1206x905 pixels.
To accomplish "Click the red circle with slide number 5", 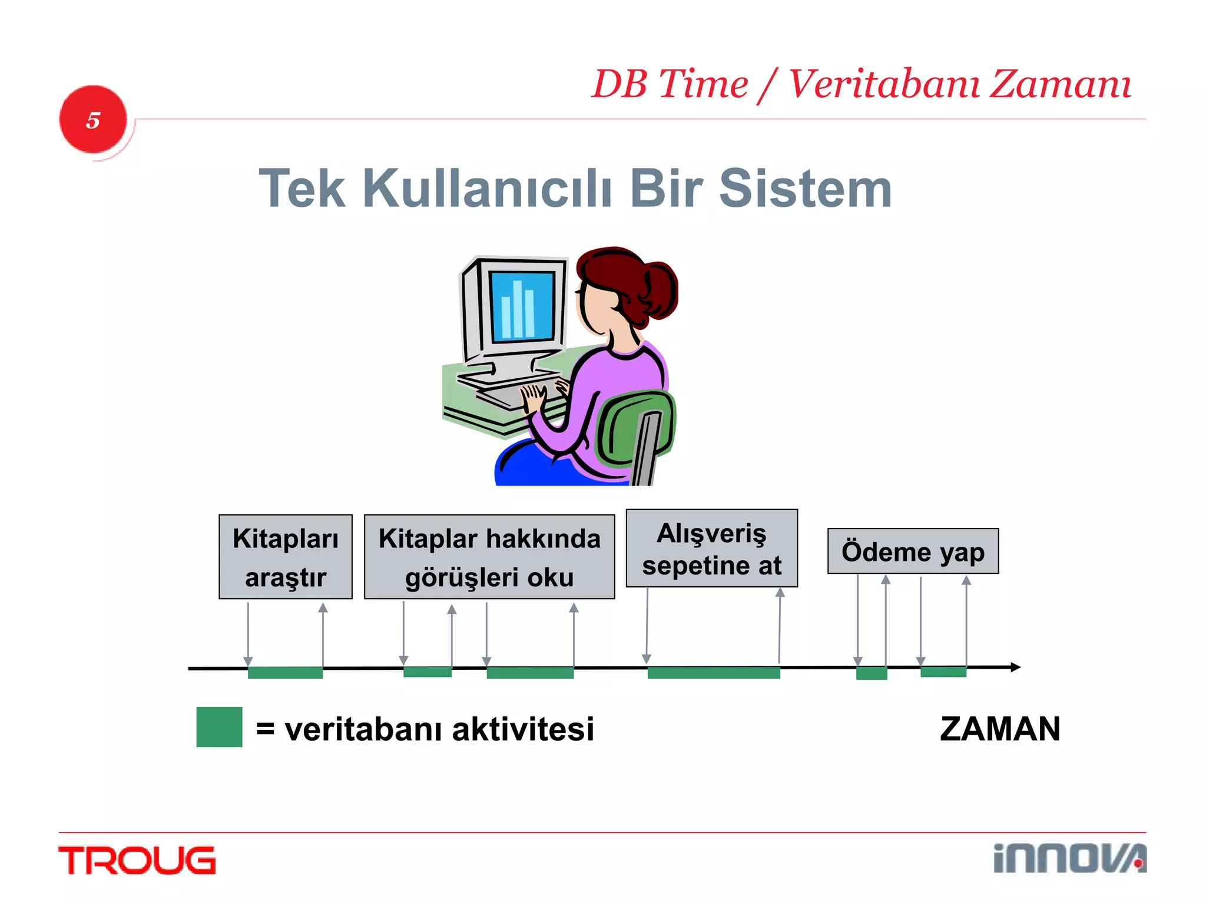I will (93, 120).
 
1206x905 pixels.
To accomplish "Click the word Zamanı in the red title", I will (1060, 84).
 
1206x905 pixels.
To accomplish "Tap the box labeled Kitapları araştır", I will (286, 557).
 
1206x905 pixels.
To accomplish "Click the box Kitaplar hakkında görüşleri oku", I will (489, 557).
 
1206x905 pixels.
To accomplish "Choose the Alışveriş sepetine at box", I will (711, 549).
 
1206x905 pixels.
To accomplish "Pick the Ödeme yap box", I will (913, 551).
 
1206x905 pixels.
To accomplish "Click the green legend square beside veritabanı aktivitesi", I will (219, 727).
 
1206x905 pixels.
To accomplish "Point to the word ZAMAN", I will (1000, 729).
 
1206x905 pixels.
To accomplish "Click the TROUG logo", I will (137, 860).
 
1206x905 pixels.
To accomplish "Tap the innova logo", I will (1069, 858).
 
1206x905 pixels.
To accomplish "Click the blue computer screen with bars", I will (522, 307).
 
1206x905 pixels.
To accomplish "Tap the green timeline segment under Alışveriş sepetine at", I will (714, 673).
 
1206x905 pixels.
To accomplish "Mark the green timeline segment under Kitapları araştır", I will (285, 673).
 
